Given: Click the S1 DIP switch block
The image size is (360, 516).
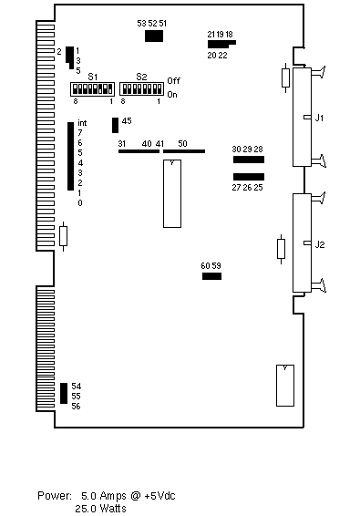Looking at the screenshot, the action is click(92, 89).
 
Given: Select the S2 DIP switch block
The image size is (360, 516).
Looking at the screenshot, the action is click(141, 88).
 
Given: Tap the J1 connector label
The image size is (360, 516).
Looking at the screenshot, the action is click(320, 118).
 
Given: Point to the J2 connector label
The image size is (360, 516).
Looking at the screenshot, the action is click(320, 244).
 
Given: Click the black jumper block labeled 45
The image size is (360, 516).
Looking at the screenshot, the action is click(115, 126).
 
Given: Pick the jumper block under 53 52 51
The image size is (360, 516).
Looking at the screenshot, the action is click(154, 36).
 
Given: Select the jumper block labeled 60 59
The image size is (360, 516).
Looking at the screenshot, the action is click(212, 276).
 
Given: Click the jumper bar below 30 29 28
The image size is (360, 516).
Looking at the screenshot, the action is click(249, 160).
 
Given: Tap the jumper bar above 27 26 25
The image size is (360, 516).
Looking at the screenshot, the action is click(249, 177).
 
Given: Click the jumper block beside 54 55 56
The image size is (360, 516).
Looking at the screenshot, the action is click(64, 393).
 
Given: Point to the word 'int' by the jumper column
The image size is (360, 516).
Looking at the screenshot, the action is click(82, 123).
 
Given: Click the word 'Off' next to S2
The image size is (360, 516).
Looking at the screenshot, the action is click(174, 80).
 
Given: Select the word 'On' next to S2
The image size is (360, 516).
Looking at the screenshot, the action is click(172, 95).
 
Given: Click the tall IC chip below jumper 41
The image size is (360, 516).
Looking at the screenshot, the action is click(172, 193).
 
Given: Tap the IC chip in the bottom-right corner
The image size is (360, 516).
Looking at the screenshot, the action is click(285, 386).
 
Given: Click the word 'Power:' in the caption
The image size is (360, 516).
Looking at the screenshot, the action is click(55, 496).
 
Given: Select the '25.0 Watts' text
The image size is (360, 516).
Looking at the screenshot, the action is click(100, 509).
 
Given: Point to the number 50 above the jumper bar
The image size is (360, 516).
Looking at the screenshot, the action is click(182, 143).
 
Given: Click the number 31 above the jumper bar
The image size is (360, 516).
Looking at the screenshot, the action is click(122, 144).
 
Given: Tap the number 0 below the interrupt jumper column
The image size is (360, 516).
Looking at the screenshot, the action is click(80, 203).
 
